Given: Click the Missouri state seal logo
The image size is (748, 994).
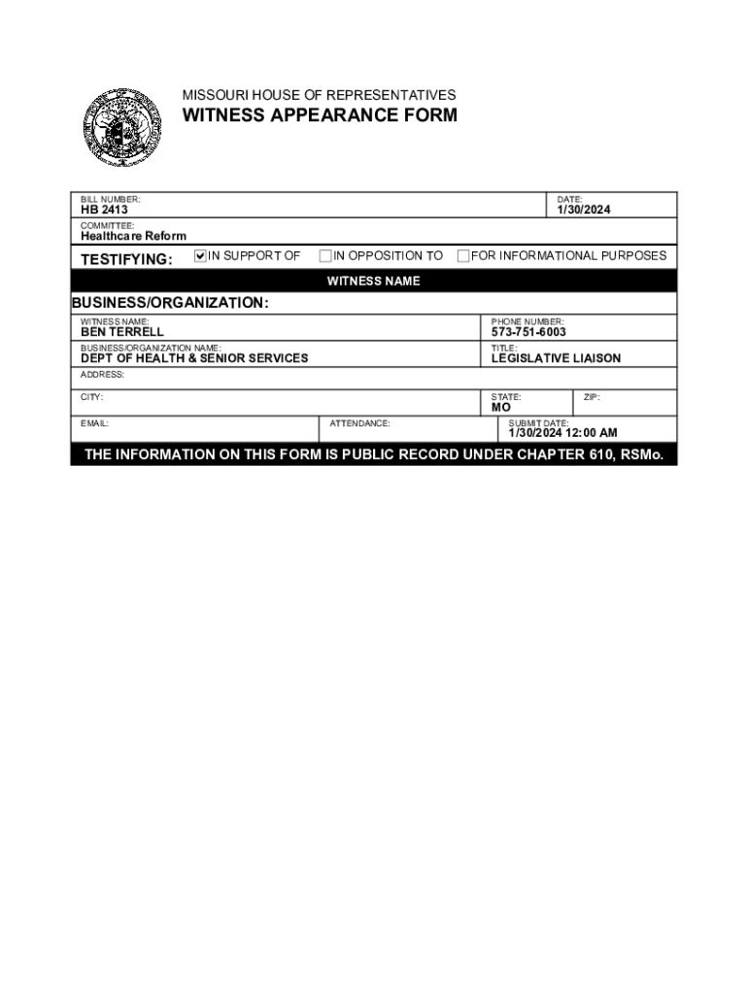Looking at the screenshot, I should pyautogui.click(x=121, y=127).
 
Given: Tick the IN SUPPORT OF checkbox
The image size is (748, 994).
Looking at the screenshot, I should pyautogui.click(x=201, y=256).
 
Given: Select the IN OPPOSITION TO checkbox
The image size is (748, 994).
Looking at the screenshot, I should pyautogui.click(x=325, y=256).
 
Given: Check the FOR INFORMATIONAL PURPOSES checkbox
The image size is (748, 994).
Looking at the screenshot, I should pyautogui.click(x=463, y=256).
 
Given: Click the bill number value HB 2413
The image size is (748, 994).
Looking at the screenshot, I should pyautogui.click(x=104, y=210).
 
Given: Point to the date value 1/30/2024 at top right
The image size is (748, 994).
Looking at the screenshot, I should pyautogui.click(x=584, y=210).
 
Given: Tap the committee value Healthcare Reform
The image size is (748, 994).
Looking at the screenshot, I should pyautogui.click(x=133, y=236).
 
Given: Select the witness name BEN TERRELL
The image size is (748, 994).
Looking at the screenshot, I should pyautogui.click(x=122, y=332).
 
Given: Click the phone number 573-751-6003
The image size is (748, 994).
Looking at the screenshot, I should pyautogui.click(x=528, y=332).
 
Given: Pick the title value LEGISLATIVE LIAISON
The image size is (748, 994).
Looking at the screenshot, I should pyautogui.click(x=556, y=358).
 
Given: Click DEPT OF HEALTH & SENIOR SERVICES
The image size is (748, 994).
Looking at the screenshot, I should pyautogui.click(x=194, y=358).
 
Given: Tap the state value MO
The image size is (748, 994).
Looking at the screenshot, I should pyautogui.click(x=500, y=408).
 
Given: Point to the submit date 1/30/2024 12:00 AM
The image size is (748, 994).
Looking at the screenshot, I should pyautogui.click(x=562, y=433).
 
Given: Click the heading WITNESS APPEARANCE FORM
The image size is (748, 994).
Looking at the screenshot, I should pyautogui.click(x=321, y=116).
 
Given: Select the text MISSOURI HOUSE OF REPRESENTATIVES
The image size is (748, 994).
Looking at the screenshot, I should pyautogui.click(x=319, y=95).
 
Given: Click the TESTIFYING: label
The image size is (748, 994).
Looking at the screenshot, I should pyautogui.click(x=126, y=259).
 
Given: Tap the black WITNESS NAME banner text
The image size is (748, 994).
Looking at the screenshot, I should pyautogui.click(x=373, y=282).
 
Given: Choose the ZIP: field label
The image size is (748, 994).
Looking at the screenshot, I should pyautogui.click(x=592, y=397).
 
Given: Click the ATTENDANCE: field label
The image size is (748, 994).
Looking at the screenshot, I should pyautogui.click(x=359, y=423).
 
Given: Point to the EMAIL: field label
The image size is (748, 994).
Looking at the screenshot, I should pyautogui.click(x=94, y=423).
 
